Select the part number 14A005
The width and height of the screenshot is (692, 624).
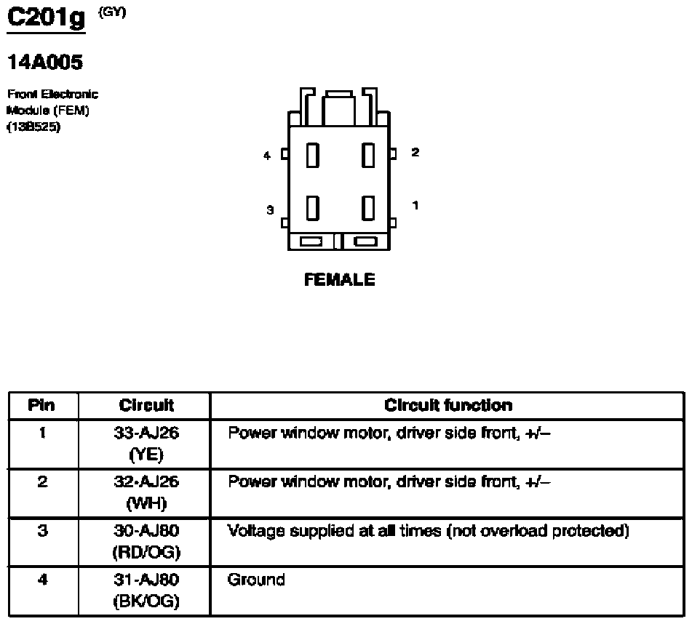click(45, 63)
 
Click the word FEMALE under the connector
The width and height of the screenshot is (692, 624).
click(340, 279)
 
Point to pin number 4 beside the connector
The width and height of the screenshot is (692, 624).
click(267, 155)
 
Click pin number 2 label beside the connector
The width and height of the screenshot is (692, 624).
click(415, 153)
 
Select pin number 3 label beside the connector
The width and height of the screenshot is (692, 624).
click(269, 210)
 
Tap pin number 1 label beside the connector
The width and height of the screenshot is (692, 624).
click(415, 206)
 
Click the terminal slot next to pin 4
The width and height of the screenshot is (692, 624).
click(313, 155)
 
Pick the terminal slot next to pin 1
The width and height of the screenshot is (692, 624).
click(368, 207)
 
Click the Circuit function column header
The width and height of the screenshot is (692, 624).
click(448, 406)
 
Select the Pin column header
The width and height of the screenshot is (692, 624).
click(42, 406)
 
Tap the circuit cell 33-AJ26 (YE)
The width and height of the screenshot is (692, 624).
click(146, 444)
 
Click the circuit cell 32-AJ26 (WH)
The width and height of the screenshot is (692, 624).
click(146, 492)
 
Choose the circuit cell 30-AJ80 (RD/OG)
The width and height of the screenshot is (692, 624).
click(146, 542)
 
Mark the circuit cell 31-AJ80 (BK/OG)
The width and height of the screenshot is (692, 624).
click(146, 591)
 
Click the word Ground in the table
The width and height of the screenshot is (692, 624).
click(256, 580)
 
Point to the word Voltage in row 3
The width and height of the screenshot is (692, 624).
click(256, 531)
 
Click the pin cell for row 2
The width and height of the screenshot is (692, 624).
click(42, 481)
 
